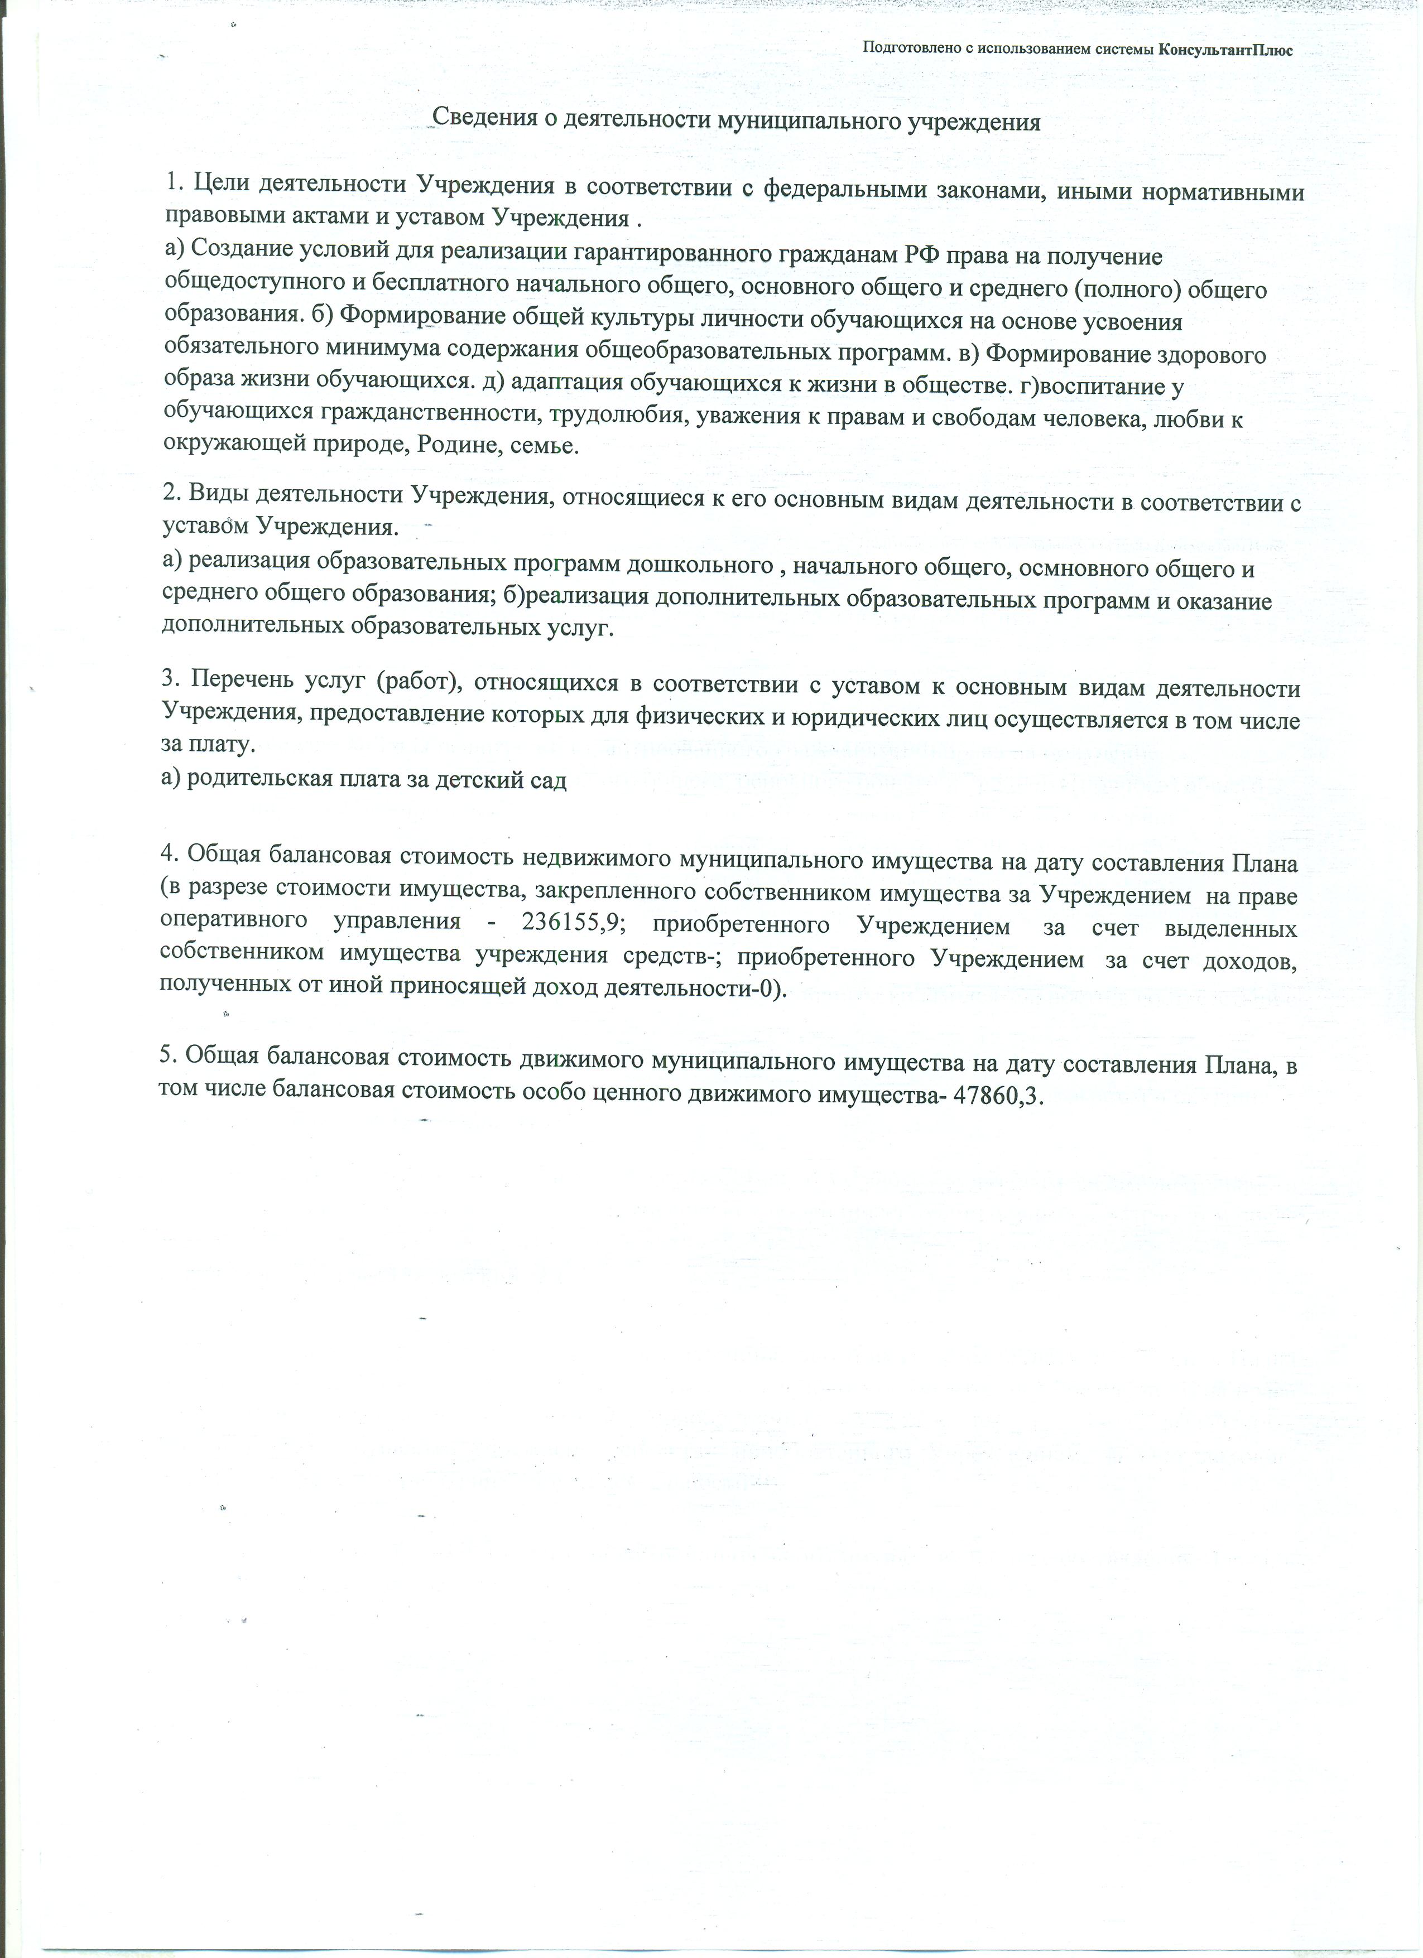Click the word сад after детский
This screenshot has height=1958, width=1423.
pos(546,780)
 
